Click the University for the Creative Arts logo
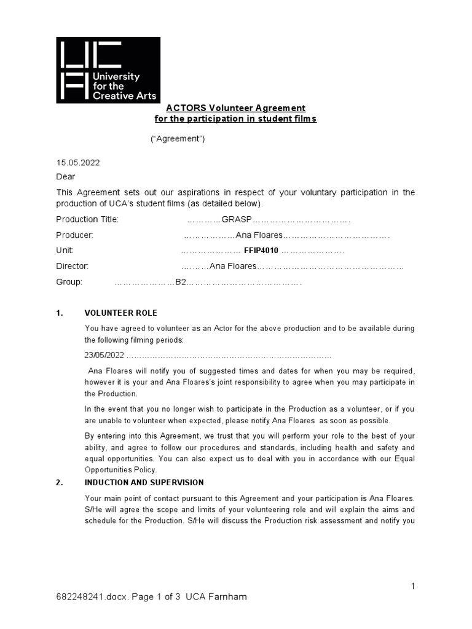pyautogui.click(x=108, y=70)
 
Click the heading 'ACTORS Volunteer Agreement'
pyautogui.click(x=235, y=108)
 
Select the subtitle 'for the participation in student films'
pyautogui.click(x=235, y=119)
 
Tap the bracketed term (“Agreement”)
pyautogui.click(x=178, y=139)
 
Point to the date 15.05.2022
pyautogui.click(x=78, y=163)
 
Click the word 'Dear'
pyautogui.click(x=66, y=177)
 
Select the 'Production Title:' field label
pyautogui.click(x=87, y=219)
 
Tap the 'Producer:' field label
pyautogui.click(x=75, y=235)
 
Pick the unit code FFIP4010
pyautogui.click(x=261, y=251)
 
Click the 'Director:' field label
pyautogui.click(x=73, y=267)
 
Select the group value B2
pyautogui.click(x=181, y=283)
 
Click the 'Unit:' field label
pyautogui.click(x=65, y=251)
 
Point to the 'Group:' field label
pyautogui.click(x=69, y=283)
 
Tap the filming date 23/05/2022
pyautogui.click(x=104, y=356)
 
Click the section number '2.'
pyautogui.click(x=60, y=483)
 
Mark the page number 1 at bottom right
pyautogui.click(x=413, y=587)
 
